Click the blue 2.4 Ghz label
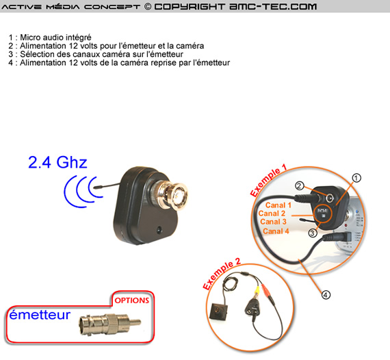[57, 162]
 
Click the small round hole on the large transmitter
[159, 229]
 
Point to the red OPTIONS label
[131, 300]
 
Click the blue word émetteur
[40, 314]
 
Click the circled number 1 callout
[356, 178]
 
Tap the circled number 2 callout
[300, 185]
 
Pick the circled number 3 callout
[313, 233]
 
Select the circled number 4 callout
[326, 295]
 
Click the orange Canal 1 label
[278, 205]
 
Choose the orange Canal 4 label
[276, 231]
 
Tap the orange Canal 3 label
[274, 222]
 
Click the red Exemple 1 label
[268, 181]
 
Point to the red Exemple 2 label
[222, 274]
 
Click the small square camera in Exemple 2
[218, 311]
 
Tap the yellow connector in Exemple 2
[257, 290]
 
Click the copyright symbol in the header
[148, 6]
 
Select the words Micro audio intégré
[55, 38]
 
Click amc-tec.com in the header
[273, 6]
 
